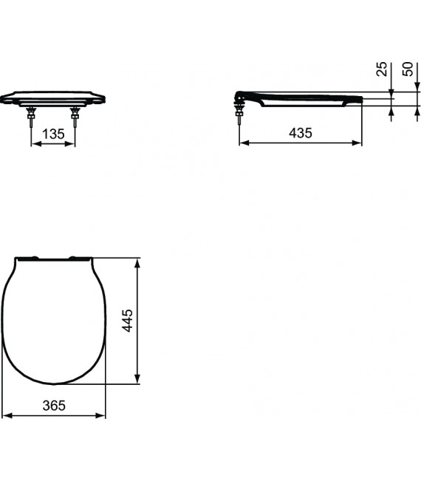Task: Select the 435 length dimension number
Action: click(x=300, y=133)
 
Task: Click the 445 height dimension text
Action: click(x=127, y=320)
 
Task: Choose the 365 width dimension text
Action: click(x=54, y=405)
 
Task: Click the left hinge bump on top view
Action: click(x=34, y=257)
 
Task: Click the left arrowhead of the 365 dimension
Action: click(x=5, y=416)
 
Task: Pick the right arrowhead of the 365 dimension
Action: click(x=103, y=416)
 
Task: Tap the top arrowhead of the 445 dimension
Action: click(x=137, y=261)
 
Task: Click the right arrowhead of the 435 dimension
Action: click(x=358, y=143)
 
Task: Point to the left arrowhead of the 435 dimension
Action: click(x=243, y=143)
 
